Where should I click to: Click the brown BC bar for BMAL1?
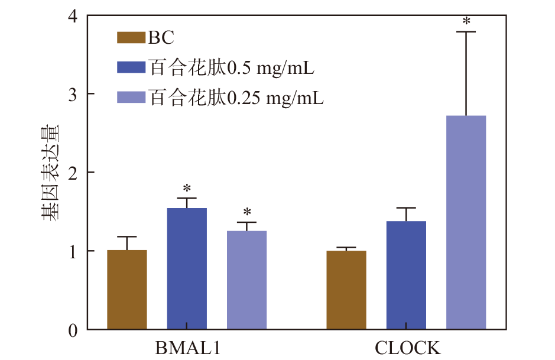pos(127,290)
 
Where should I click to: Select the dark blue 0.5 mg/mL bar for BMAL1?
pos(187,269)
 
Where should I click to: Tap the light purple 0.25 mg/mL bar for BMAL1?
pos(247,280)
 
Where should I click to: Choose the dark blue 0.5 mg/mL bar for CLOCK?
pos(407,275)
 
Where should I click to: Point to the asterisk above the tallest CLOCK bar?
pos(466,22)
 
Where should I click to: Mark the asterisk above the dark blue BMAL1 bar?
pos(187,189)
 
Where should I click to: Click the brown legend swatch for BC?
pos(131,38)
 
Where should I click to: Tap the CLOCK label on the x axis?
pos(407,347)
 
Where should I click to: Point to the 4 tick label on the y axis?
pos(73,16)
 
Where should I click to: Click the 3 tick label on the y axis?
pos(73,94)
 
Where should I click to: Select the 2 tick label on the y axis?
pos(73,173)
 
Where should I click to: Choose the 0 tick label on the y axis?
pos(73,330)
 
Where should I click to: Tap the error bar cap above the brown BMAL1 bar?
pos(127,236)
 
